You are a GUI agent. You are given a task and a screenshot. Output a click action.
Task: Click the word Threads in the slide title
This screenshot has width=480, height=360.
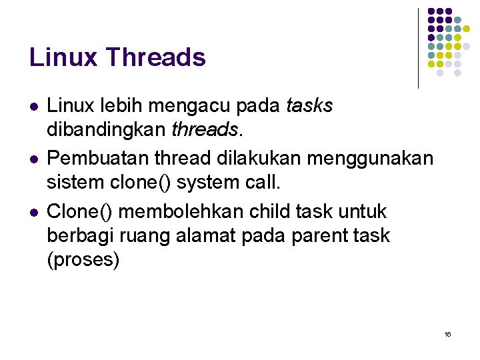tap(155, 57)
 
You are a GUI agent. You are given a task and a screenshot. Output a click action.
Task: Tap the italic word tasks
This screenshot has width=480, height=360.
tap(309, 105)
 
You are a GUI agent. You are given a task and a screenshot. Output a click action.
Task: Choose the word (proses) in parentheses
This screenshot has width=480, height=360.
tap(84, 259)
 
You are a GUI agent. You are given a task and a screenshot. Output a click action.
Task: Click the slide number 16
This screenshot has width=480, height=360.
tap(447, 333)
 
